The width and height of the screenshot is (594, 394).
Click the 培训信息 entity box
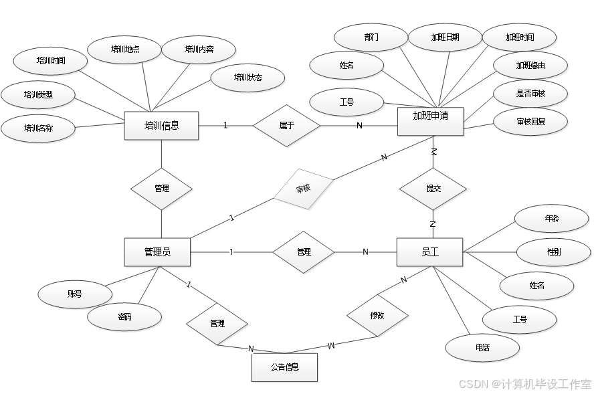[162, 125]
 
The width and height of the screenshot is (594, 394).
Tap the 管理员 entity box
[157, 252]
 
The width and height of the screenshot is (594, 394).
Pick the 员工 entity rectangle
[429, 252]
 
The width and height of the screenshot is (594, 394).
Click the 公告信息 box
[284, 367]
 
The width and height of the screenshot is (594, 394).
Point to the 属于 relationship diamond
[287, 125]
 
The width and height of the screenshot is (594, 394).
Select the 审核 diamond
[303, 189]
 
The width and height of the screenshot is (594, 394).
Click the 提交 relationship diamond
[433, 189]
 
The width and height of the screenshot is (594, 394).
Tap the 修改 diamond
[377, 314]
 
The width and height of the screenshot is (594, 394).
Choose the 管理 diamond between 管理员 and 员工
[304, 252]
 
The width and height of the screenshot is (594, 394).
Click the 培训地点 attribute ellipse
[125, 49]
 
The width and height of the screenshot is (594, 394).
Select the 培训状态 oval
[248, 78]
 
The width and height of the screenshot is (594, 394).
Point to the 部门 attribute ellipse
[371, 37]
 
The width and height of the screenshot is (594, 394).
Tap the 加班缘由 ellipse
[530, 66]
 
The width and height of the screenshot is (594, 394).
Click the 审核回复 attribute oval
[530, 121]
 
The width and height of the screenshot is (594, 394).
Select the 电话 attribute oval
[483, 348]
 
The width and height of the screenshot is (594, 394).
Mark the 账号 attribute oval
[74, 294]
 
